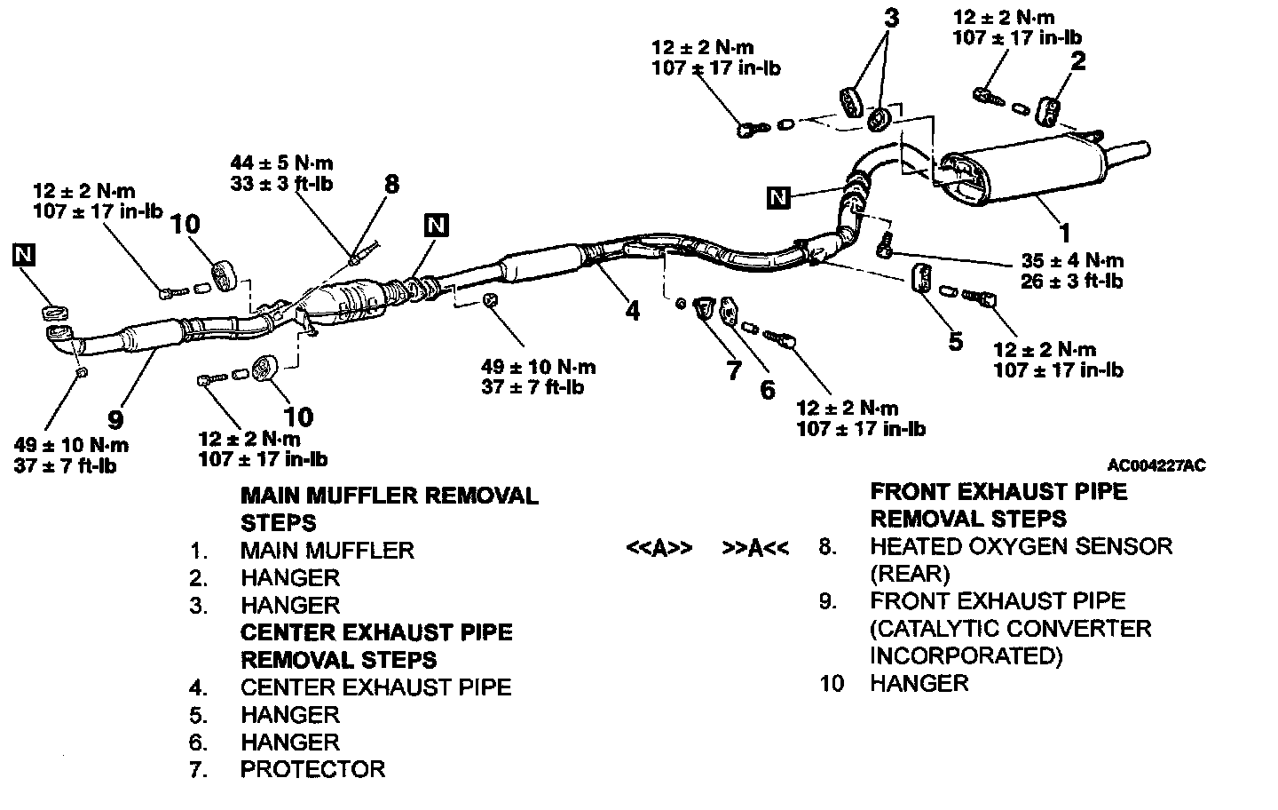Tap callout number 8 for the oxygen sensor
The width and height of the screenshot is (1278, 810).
click(x=391, y=184)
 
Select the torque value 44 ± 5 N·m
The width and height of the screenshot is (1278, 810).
click(x=281, y=163)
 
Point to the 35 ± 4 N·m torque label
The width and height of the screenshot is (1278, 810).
click(x=1072, y=260)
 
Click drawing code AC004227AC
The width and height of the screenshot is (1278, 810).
click(x=1156, y=465)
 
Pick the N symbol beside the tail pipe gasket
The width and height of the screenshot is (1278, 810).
click(x=778, y=197)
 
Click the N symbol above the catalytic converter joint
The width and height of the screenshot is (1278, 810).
click(x=436, y=225)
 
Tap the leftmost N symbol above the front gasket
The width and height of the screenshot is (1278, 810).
click(x=25, y=256)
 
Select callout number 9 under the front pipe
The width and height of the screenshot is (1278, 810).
click(x=116, y=418)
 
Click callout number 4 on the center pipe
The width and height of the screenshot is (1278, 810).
click(x=632, y=311)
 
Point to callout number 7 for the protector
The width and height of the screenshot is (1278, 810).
click(x=733, y=370)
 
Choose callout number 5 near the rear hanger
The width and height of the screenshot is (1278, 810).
click(x=955, y=341)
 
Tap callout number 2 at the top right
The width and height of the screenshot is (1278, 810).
click(x=1077, y=60)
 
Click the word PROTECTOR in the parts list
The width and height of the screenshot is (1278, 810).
click(x=312, y=769)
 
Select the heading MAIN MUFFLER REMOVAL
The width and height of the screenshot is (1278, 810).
click(x=389, y=496)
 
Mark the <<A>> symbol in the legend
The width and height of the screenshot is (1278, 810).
click(x=659, y=548)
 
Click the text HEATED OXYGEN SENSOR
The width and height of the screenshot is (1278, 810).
click(x=1021, y=546)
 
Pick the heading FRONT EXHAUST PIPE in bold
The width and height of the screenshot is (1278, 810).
click(x=998, y=492)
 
